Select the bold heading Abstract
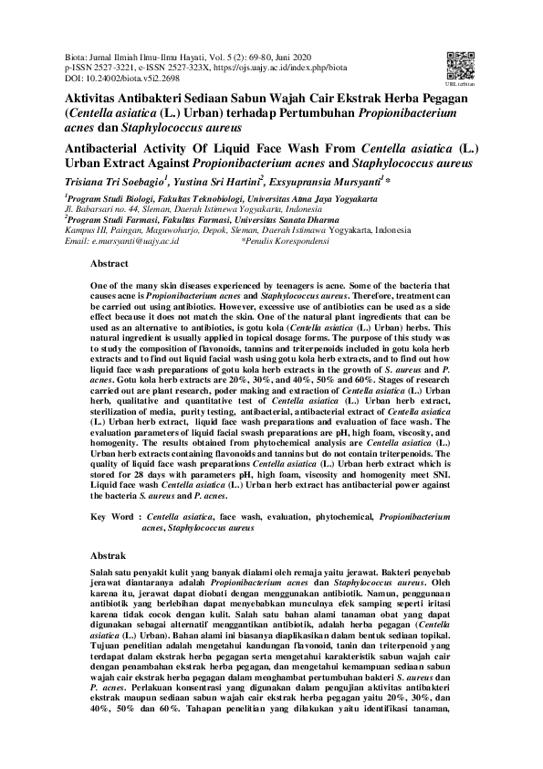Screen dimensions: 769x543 click(x=110, y=264)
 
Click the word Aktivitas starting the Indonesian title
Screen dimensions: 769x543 click(x=98, y=98)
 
